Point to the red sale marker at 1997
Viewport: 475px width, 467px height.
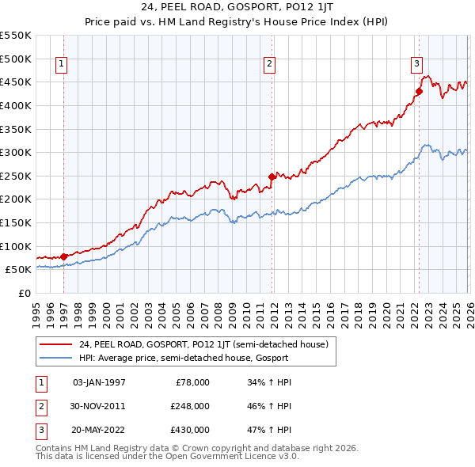point(63,256)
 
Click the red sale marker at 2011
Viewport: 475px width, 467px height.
point(272,177)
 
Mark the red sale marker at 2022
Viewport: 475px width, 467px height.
point(419,91)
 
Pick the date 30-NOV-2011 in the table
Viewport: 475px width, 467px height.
point(99,406)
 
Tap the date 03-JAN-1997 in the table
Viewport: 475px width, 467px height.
point(99,382)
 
